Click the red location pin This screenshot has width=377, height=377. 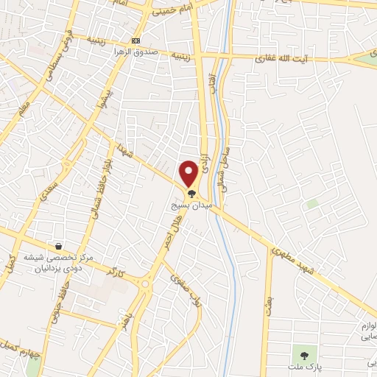coord(189,173)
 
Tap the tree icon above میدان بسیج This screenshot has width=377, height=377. coord(191,194)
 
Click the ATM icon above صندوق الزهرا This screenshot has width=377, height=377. coord(135,40)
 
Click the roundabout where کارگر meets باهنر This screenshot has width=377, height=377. coord(145,283)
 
